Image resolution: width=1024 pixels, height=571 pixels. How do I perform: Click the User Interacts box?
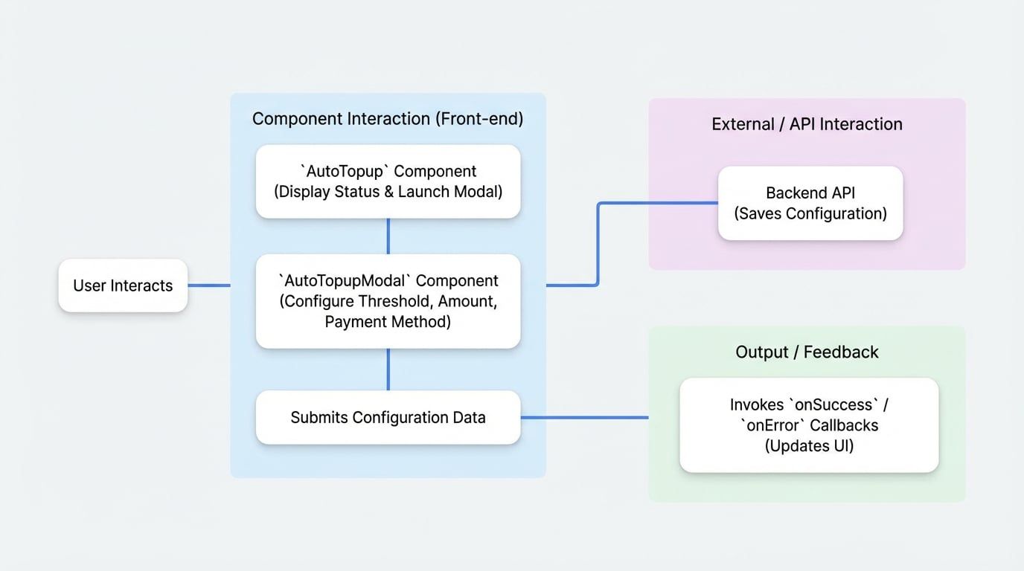pyautogui.click(x=123, y=285)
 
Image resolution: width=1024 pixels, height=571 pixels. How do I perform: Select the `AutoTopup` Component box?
pyautogui.click(x=388, y=181)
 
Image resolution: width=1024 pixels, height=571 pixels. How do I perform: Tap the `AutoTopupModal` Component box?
pyautogui.click(x=388, y=301)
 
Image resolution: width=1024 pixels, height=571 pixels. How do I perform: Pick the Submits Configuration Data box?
pyautogui.click(x=388, y=417)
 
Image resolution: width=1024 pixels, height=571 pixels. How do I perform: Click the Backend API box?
pyautogui.click(x=810, y=203)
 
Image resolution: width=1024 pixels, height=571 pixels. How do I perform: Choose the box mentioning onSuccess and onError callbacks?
pyautogui.click(x=809, y=425)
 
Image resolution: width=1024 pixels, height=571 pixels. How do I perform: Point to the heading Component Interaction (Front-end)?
pyautogui.click(x=388, y=119)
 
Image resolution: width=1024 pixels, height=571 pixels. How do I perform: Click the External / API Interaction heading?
pyautogui.click(x=807, y=124)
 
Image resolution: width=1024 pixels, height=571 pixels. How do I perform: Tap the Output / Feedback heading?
pyautogui.click(x=807, y=352)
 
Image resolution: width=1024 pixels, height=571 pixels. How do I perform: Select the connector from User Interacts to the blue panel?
pyautogui.click(x=208, y=285)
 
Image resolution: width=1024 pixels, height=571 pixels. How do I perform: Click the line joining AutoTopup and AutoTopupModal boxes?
pyautogui.click(x=388, y=236)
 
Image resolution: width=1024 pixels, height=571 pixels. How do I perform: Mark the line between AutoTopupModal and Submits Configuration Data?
pyautogui.click(x=388, y=370)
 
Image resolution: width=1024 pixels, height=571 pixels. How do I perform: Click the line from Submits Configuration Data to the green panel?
pyautogui.click(x=584, y=418)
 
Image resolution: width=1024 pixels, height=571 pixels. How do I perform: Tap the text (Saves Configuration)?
pyautogui.click(x=810, y=214)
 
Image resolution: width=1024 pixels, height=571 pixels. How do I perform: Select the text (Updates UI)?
pyautogui.click(x=809, y=446)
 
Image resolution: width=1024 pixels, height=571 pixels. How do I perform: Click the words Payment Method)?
pyautogui.click(x=388, y=322)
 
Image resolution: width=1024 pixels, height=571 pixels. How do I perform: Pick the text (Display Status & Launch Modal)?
pyautogui.click(x=388, y=192)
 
